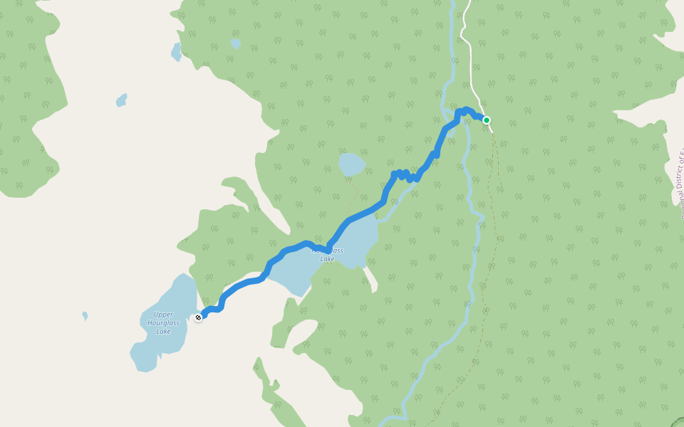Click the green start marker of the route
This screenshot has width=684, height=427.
tap(487, 120)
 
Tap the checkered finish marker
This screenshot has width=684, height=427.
tap(198, 317)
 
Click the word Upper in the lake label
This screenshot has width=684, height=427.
tap(163, 315)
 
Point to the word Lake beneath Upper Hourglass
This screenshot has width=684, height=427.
tap(163, 332)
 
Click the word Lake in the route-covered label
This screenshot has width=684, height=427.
tap(327, 259)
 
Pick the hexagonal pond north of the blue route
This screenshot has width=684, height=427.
tap(351, 164)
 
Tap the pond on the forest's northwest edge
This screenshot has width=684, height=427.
tap(176, 52)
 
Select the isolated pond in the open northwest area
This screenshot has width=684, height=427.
tap(122, 100)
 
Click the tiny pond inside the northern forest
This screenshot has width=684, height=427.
tap(235, 43)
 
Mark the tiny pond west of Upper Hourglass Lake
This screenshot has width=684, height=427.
tap(85, 315)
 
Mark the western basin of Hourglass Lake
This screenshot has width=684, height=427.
tap(292, 273)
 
